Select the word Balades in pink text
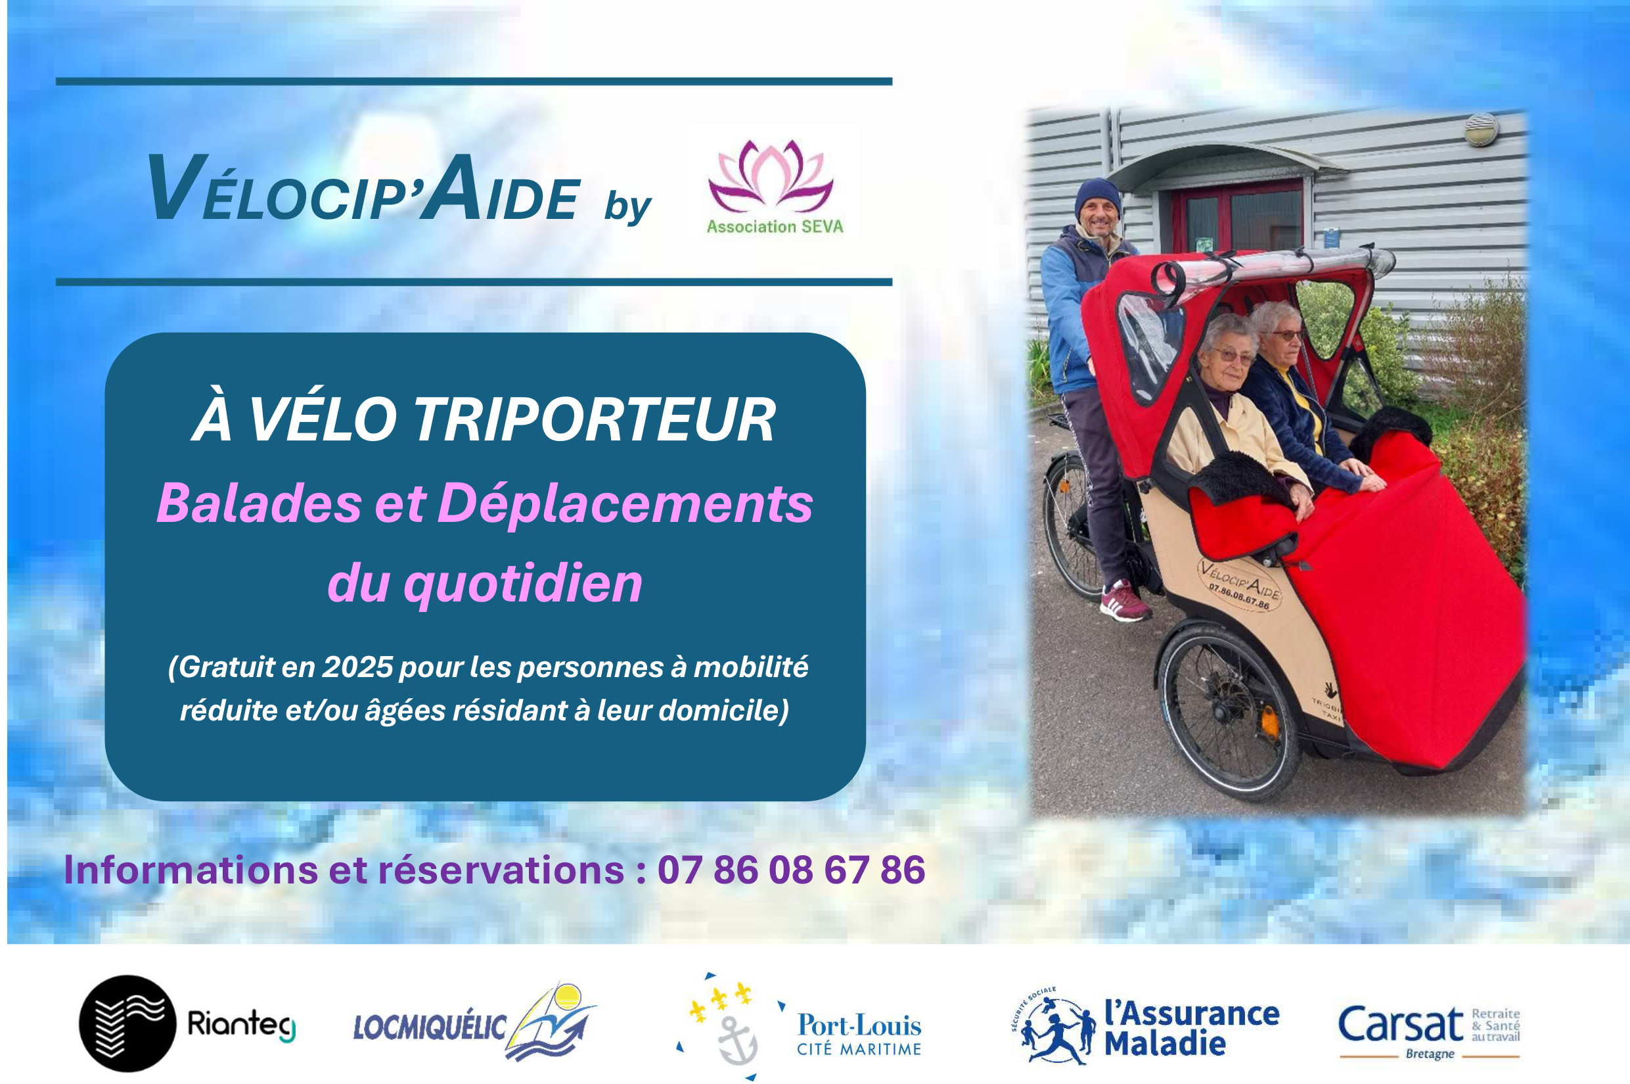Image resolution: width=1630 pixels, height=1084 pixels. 259,503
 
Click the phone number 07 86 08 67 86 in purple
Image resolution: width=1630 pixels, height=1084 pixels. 791,870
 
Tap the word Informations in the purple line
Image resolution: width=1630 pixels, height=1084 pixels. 191,870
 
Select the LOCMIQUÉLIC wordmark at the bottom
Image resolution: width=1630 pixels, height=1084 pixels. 430,1027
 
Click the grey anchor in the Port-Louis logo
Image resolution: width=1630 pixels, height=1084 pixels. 737,1041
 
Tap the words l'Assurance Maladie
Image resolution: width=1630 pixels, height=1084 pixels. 1191,1028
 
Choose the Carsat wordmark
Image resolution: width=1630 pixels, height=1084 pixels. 1401,1025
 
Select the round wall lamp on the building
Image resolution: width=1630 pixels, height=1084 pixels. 1482,130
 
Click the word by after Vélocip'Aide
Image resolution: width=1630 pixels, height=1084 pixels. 627,206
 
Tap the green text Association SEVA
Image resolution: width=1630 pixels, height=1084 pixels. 775,227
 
